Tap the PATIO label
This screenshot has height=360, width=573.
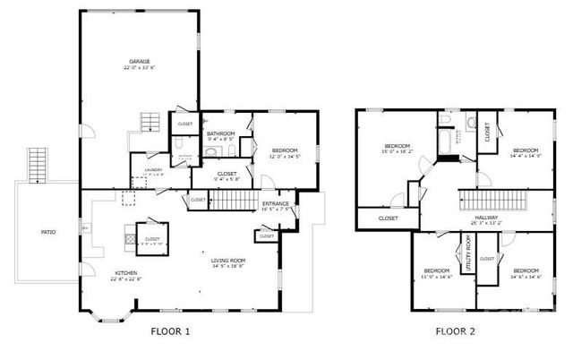pyautogui.click(x=48, y=232)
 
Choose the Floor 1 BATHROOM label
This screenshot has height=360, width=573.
pyautogui.click(x=220, y=135)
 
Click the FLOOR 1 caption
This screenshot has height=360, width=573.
pyautogui.click(x=170, y=331)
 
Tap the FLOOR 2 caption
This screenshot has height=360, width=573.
pyautogui.click(x=456, y=331)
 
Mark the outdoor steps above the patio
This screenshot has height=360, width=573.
pyautogui.click(x=37, y=163)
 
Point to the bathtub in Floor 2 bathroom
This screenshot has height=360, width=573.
pyautogui.click(x=445, y=139)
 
